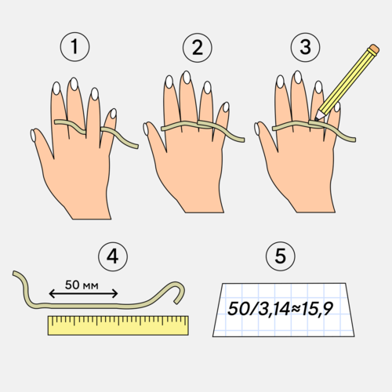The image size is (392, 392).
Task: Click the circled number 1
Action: [74, 47]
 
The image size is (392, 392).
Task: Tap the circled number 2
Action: [198, 48]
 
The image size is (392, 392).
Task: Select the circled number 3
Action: [305, 47]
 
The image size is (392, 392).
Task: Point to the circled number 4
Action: [113, 256]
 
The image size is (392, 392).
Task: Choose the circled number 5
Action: [281, 256]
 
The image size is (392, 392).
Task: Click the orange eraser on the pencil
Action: [374, 49]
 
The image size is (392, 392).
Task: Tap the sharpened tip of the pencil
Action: [317, 120]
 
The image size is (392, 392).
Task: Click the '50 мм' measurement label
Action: [82, 285]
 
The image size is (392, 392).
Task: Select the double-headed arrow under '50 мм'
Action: [83, 294]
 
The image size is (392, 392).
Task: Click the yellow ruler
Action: [118, 325]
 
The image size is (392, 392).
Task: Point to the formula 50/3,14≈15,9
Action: [280, 309]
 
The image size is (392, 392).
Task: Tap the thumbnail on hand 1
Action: [33, 136]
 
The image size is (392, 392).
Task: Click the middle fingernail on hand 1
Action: [74, 84]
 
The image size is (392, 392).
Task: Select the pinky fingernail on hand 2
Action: [226, 107]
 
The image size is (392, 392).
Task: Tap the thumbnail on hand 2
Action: [146, 129]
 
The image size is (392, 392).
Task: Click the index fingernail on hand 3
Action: [281, 82]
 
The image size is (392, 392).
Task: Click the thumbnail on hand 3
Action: [257, 129]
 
